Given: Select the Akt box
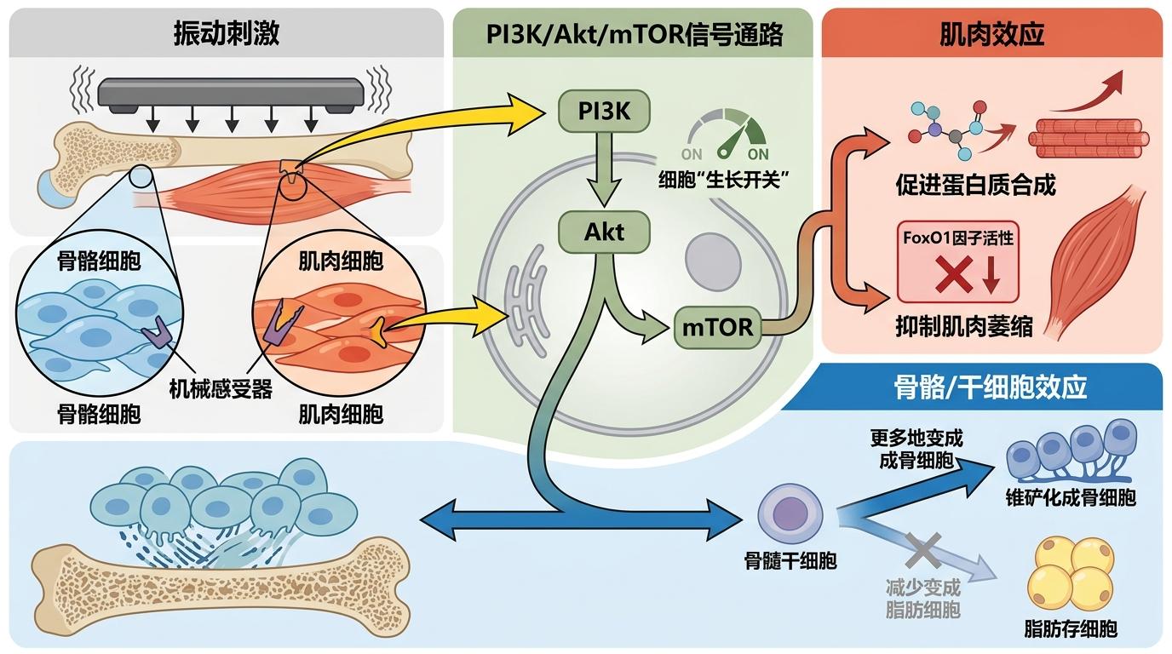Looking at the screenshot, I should [604, 231].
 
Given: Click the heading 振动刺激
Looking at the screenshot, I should [227, 34].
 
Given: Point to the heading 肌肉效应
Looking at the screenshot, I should [991, 34].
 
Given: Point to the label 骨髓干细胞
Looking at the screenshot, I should [790, 560].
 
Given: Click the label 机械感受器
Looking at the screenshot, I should [220, 389].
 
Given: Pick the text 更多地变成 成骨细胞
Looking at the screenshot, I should [916, 450].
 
